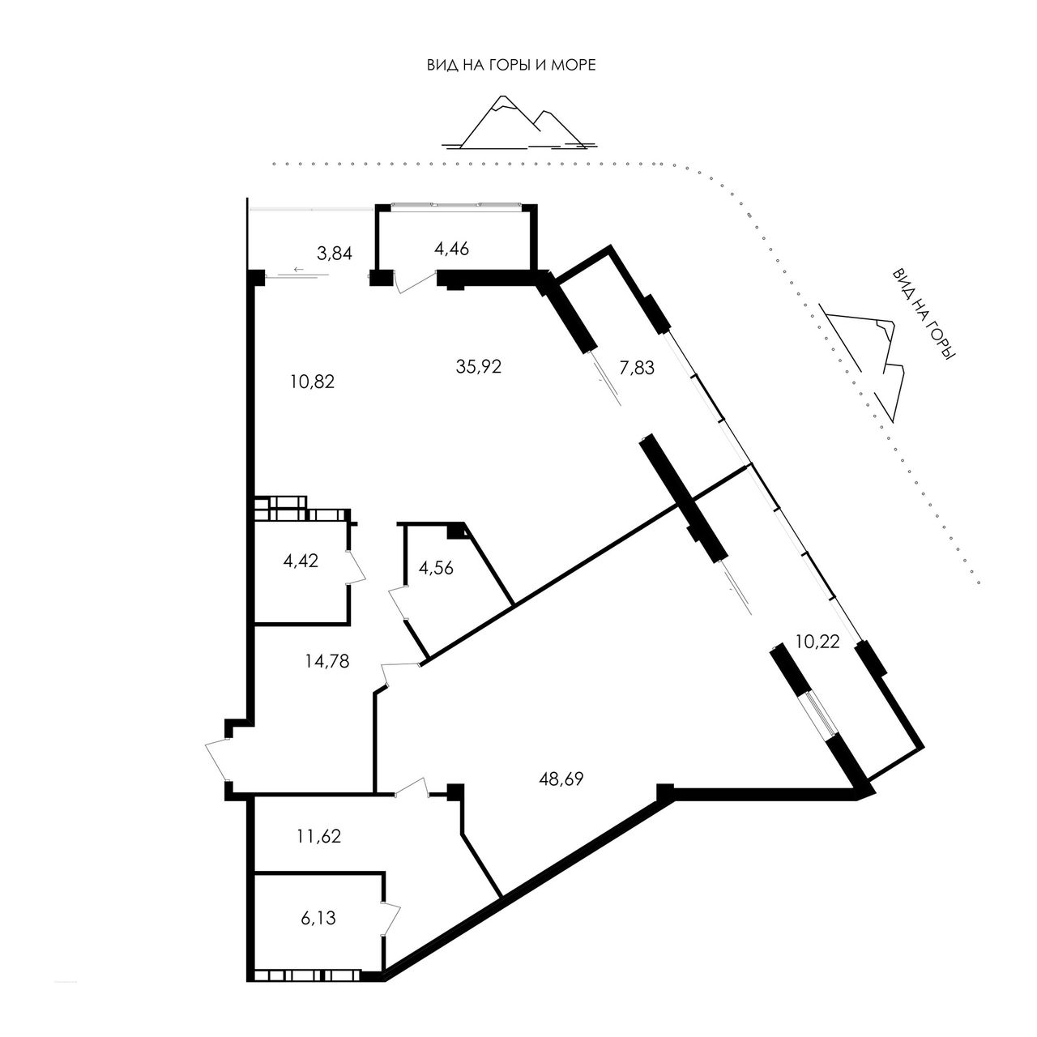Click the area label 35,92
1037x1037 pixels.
(479, 366)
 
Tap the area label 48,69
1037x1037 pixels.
(561, 778)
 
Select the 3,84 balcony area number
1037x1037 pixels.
(334, 253)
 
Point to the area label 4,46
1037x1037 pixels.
(451, 248)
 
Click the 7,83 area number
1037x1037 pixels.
(637, 368)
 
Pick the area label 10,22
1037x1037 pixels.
(817, 642)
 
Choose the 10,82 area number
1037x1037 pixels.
(312, 382)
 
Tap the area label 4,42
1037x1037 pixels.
(301, 561)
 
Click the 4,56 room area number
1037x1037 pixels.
(436, 568)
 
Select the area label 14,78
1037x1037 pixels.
(327, 661)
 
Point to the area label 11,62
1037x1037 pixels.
(318, 836)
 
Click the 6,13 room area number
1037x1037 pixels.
(318, 918)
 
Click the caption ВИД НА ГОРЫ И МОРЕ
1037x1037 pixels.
(511, 66)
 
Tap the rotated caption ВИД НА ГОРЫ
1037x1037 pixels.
(923, 314)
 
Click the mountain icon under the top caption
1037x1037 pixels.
(518, 122)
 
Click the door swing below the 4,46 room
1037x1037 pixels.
(414, 282)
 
